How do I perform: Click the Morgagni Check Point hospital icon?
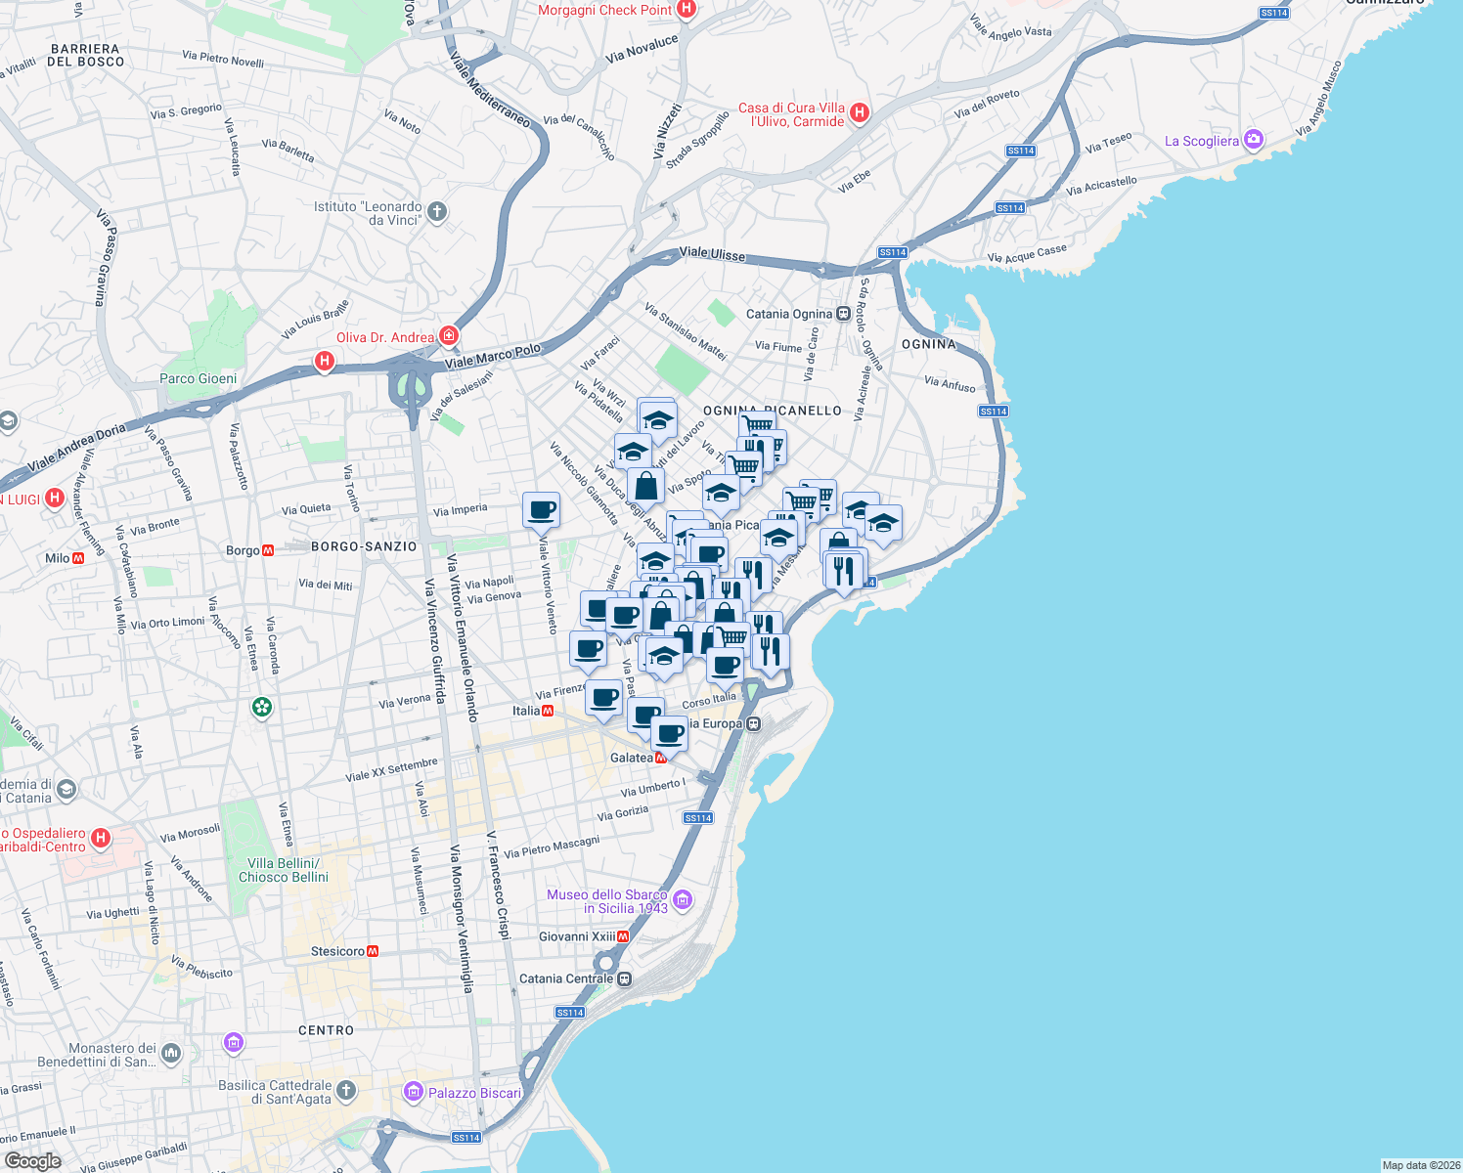coord(686,10)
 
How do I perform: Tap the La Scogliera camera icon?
coord(1253,140)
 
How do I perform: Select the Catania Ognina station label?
coord(788,314)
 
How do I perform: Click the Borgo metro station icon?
coord(268,550)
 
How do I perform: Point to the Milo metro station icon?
coord(78,558)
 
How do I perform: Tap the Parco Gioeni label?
coord(198,378)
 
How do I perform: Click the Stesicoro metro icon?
coord(373,951)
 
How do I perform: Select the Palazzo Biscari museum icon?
coord(414,1092)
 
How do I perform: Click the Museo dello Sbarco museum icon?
coord(683,899)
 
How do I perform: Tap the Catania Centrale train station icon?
coord(624,978)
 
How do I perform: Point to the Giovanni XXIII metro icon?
coord(623,936)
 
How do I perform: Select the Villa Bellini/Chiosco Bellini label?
coord(283,870)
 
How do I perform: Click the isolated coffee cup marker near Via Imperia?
coord(541,509)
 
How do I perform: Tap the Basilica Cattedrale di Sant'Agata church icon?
coord(346,1091)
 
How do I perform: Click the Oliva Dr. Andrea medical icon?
coord(449,336)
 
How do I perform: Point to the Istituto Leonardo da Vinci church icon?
coord(437,211)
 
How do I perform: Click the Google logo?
coord(32,1160)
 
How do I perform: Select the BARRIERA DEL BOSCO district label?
coord(86,55)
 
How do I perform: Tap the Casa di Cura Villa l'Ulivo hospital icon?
coord(860,113)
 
